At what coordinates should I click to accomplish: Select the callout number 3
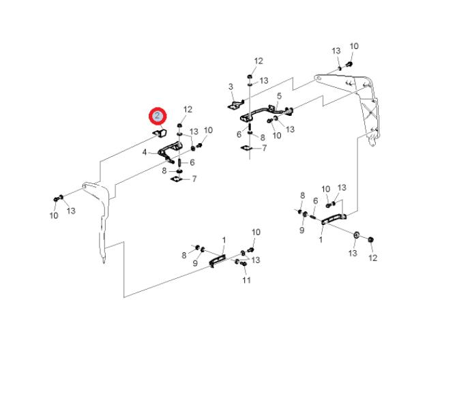pos(231,87)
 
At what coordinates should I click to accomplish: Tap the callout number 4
pos(145,153)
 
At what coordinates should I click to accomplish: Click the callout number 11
pos(246,280)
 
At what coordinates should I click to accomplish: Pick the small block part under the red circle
pos(161,132)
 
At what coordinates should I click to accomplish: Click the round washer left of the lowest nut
pos(356,237)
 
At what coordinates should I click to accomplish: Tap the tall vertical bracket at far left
pos(98,211)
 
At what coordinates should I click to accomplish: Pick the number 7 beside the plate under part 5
pos(264,148)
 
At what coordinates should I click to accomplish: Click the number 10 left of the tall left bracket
pos(53,216)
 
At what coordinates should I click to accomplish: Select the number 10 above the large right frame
pos(353,46)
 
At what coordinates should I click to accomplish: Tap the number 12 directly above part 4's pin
pos(188,109)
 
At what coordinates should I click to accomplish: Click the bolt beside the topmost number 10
pos(349,63)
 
